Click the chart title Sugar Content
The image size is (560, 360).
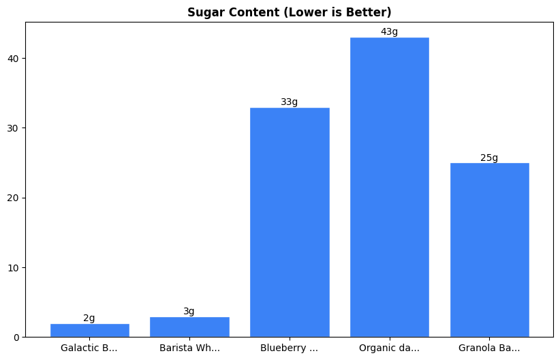tap(290, 12)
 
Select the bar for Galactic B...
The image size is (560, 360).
tap(89, 331)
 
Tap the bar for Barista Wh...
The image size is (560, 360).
tap(189, 327)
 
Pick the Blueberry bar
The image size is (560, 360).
tap(290, 222)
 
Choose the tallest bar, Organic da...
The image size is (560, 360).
tap(389, 187)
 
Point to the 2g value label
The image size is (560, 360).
tap(89, 318)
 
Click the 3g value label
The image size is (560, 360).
tap(189, 312)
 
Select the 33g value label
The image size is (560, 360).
tap(290, 102)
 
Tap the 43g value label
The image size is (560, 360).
tap(389, 32)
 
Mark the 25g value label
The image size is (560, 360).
tap(489, 158)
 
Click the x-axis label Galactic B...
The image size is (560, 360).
tap(89, 348)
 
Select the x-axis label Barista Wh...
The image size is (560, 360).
tap(189, 348)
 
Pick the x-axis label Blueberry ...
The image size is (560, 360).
tap(290, 348)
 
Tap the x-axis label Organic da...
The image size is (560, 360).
tap(389, 348)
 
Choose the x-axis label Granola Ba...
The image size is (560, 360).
tap(489, 348)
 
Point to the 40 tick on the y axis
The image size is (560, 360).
tap(14, 59)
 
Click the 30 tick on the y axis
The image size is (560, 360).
tap(14, 128)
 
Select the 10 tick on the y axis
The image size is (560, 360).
tap(14, 267)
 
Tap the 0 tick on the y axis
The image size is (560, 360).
tap(17, 337)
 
